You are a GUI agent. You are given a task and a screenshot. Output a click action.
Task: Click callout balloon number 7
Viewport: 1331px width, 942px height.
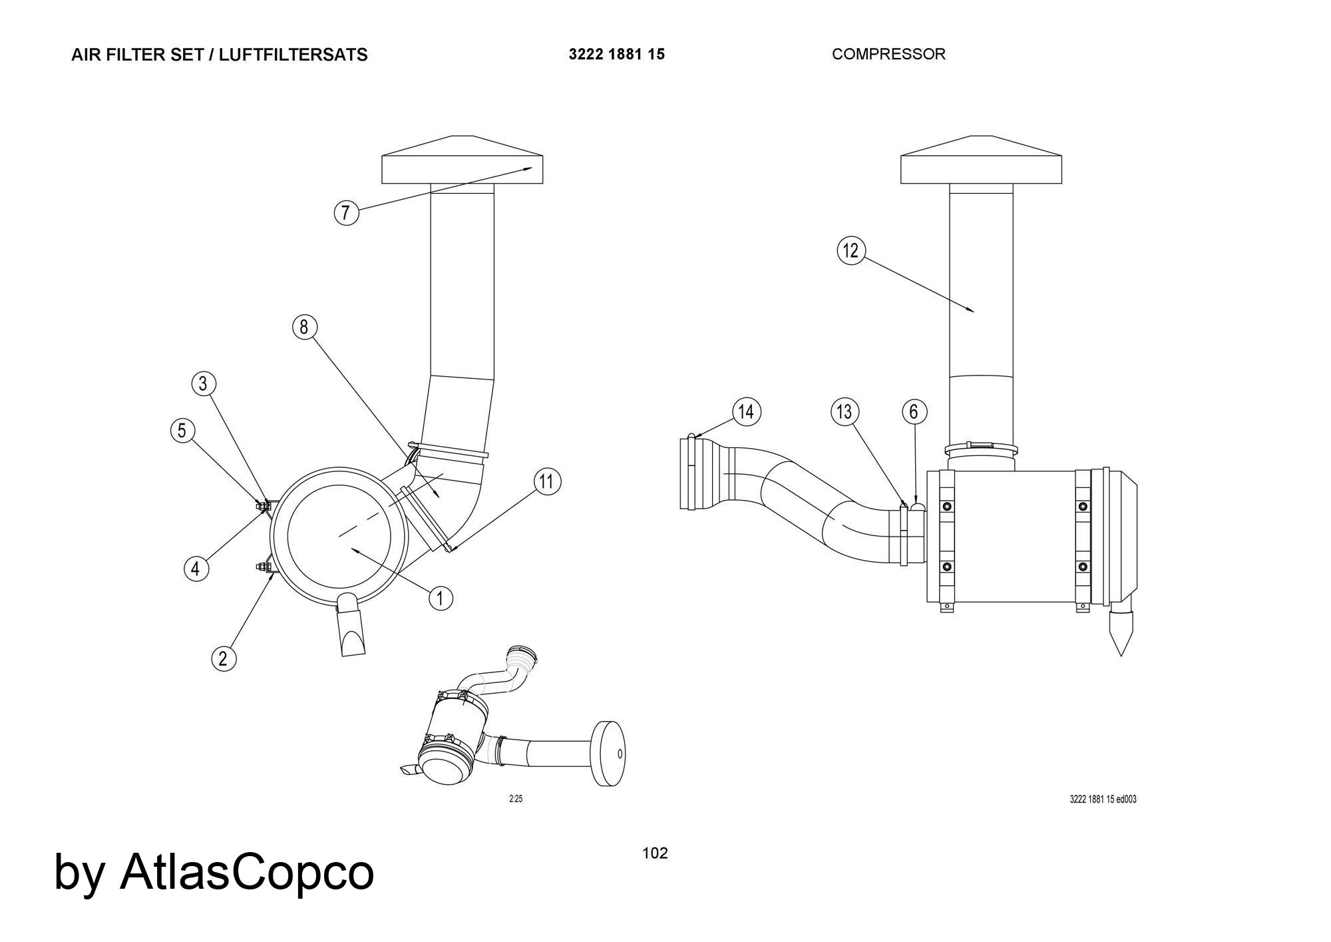click(345, 213)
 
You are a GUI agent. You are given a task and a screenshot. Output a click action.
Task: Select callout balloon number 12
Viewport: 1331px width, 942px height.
click(851, 251)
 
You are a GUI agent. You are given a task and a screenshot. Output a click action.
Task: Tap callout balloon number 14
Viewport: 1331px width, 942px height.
click(746, 412)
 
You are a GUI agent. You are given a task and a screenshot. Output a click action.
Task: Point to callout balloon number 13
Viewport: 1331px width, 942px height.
click(845, 412)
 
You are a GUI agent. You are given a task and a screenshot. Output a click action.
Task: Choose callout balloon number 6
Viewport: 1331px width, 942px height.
click(914, 412)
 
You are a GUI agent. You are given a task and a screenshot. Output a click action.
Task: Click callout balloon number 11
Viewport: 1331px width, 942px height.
click(546, 481)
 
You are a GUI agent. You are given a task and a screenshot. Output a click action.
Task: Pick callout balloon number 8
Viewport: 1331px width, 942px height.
click(304, 327)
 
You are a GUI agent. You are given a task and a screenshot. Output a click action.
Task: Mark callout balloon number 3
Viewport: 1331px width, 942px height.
click(204, 383)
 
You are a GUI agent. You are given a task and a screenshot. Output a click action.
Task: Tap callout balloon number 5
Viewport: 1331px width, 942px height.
click(182, 431)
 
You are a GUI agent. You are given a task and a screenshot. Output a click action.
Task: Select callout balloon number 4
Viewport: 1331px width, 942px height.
click(196, 569)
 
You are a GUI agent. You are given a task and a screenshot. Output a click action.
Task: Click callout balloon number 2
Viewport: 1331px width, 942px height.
click(223, 658)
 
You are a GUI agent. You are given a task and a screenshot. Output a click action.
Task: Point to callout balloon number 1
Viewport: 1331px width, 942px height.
click(440, 598)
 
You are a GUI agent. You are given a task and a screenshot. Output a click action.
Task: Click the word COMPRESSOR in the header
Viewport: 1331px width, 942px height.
click(888, 54)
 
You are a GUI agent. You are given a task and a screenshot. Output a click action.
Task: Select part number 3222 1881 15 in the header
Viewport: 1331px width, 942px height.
click(616, 54)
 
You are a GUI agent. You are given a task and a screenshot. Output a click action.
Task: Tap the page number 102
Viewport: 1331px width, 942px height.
click(655, 853)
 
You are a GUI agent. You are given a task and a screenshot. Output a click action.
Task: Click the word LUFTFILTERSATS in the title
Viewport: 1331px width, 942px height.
click(293, 55)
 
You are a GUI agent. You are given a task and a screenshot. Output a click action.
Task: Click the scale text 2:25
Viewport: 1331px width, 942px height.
click(516, 799)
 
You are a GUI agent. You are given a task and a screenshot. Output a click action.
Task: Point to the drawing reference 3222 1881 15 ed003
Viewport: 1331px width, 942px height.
click(1103, 799)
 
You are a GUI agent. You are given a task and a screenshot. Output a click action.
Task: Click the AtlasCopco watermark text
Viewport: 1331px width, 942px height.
click(246, 872)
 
